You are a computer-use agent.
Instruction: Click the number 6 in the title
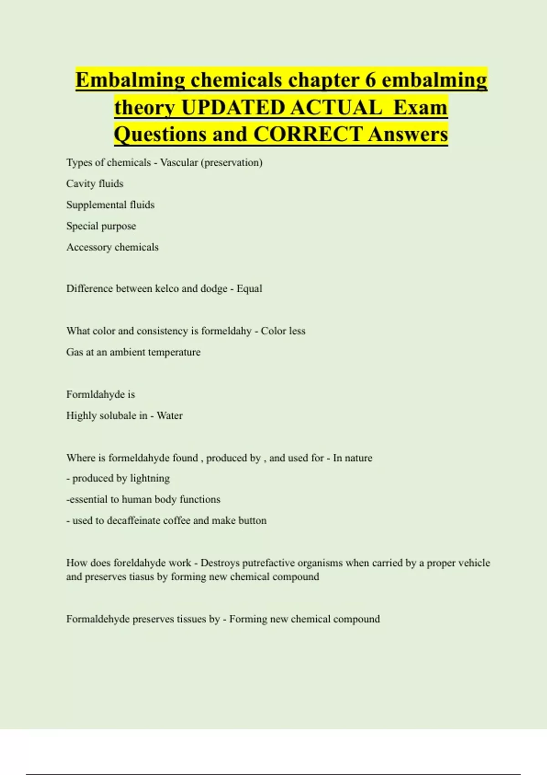[x=370, y=80]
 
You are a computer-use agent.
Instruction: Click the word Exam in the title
[x=420, y=108]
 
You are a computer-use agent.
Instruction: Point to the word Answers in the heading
[x=408, y=134]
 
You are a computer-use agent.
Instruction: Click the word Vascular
[x=179, y=163]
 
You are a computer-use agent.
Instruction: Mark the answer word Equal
[x=249, y=289]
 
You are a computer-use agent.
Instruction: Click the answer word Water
[x=170, y=415]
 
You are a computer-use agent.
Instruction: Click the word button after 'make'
[x=253, y=521]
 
